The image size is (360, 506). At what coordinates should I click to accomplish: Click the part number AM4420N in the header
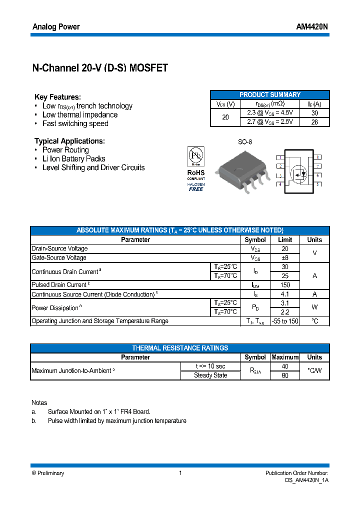312,27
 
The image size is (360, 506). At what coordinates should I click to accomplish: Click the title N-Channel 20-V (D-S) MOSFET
100,68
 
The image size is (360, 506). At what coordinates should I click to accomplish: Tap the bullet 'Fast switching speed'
75,123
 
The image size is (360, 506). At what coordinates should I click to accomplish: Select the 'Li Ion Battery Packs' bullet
74,158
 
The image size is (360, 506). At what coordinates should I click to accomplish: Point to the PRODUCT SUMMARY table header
270,94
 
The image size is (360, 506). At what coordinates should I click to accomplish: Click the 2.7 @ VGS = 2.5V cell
270,121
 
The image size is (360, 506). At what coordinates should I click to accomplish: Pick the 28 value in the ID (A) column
314,121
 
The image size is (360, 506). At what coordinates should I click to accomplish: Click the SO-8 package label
245,142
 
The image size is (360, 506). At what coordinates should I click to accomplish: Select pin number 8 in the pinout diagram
317,157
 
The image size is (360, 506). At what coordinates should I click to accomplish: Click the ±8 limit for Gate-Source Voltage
285,257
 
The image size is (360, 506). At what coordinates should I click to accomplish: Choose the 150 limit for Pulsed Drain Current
285,285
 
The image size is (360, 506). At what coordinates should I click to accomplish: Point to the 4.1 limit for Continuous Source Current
285,294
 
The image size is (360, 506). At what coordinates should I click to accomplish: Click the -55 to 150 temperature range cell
285,321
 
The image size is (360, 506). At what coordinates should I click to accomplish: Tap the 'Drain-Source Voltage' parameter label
59,248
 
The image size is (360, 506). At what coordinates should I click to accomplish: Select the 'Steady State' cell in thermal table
210,375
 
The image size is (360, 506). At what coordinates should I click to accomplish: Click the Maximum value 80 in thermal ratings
285,375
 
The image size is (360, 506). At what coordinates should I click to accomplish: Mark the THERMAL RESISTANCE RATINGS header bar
180,348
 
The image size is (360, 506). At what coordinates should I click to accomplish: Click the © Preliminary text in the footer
48,473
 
